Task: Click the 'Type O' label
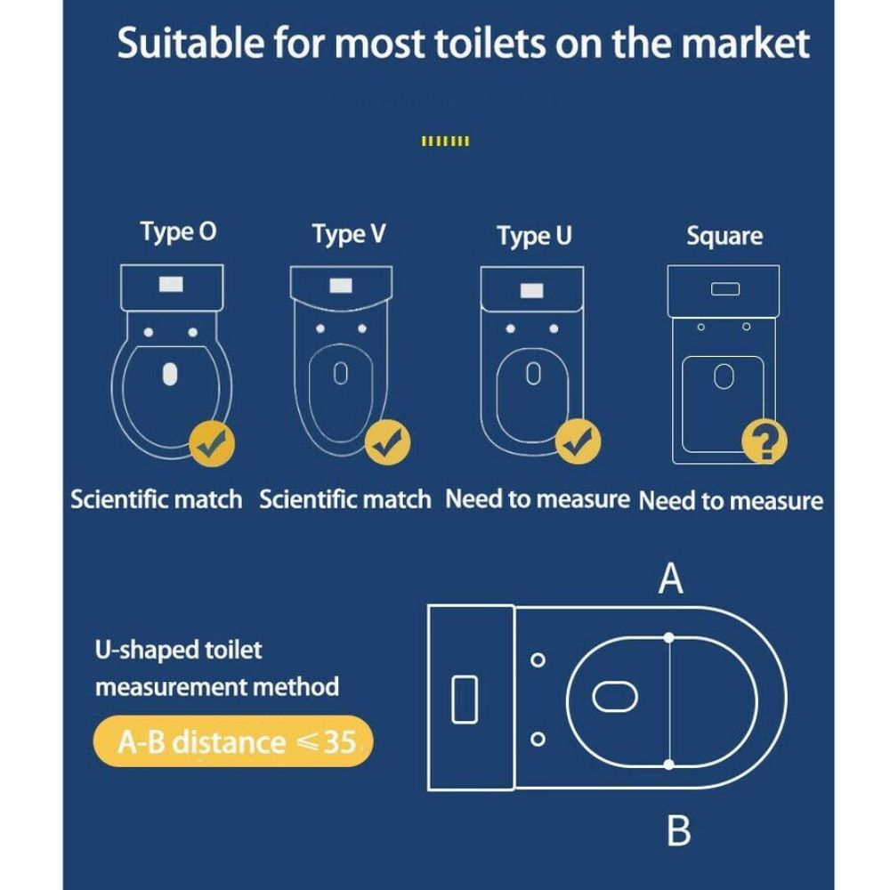(178, 232)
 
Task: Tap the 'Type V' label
(349, 234)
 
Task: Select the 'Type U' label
(534, 236)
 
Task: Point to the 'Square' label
(724, 236)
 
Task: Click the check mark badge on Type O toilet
(212, 444)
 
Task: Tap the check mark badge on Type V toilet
(388, 442)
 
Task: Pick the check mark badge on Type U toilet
(578, 441)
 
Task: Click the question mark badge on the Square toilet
(765, 441)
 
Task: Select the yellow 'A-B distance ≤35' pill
(233, 741)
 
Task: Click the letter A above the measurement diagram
(670, 578)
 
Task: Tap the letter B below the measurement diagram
(679, 830)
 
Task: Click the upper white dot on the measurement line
(669, 638)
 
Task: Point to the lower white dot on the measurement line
(669, 765)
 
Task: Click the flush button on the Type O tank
(171, 285)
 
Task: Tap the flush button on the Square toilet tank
(725, 289)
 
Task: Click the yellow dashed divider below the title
(446, 142)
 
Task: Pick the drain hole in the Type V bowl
(341, 374)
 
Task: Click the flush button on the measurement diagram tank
(465, 700)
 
